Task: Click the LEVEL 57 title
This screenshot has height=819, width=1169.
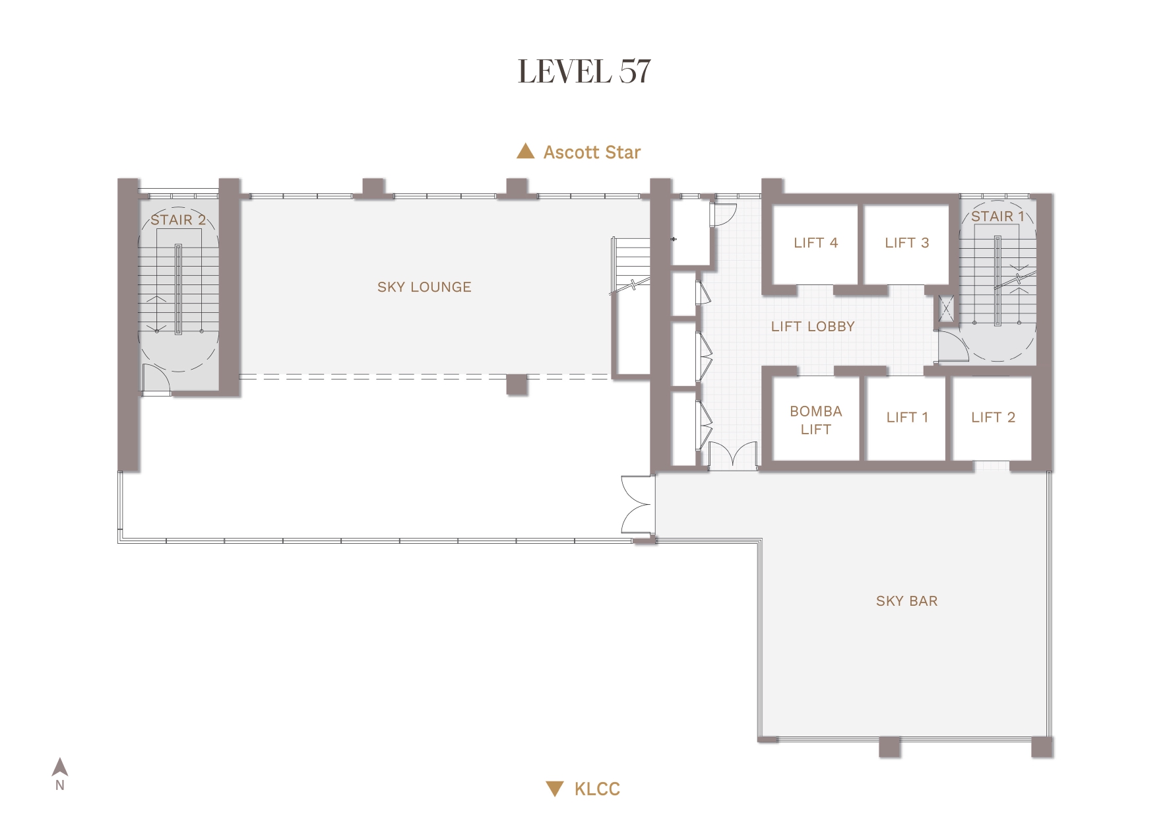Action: (x=584, y=71)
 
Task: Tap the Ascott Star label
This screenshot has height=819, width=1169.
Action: (x=592, y=152)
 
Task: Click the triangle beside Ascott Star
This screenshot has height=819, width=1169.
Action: (x=525, y=151)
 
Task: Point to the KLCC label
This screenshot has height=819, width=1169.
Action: (x=597, y=789)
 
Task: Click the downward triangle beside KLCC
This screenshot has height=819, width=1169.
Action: (x=555, y=789)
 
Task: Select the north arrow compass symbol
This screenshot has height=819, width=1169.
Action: (x=60, y=767)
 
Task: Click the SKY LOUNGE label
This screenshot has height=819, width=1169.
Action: (x=424, y=287)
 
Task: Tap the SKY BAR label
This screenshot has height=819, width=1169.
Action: (x=906, y=601)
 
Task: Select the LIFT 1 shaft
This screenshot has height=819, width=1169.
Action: (x=906, y=418)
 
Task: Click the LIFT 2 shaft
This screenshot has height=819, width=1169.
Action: (x=992, y=418)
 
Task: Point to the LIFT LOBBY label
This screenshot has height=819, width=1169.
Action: (x=813, y=327)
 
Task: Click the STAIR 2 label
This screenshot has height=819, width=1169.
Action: (x=178, y=220)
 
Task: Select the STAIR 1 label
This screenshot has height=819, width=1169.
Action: (x=997, y=216)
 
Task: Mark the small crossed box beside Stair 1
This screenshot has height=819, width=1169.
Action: (x=947, y=308)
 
